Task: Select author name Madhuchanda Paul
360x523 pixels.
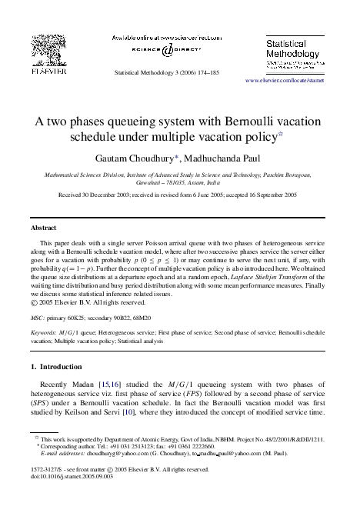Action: click(225, 157)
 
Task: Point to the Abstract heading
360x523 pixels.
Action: click(43, 228)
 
